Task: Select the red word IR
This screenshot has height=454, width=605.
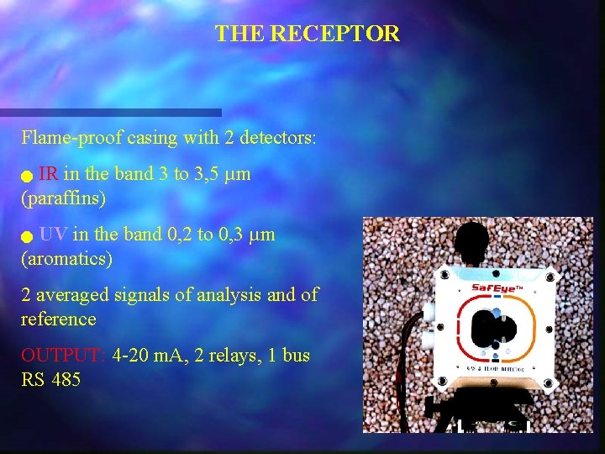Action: click(48, 175)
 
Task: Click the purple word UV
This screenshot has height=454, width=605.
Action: click(55, 235)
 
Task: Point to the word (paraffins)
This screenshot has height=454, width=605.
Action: click(64, 199)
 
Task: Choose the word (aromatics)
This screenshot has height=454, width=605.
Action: click(66, 259)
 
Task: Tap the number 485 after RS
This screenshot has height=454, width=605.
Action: click(66, 380)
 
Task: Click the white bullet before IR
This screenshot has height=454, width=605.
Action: click(28, 177)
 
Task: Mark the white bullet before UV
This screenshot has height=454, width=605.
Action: click(28, 237)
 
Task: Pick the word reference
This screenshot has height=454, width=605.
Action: click(59, 319)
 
